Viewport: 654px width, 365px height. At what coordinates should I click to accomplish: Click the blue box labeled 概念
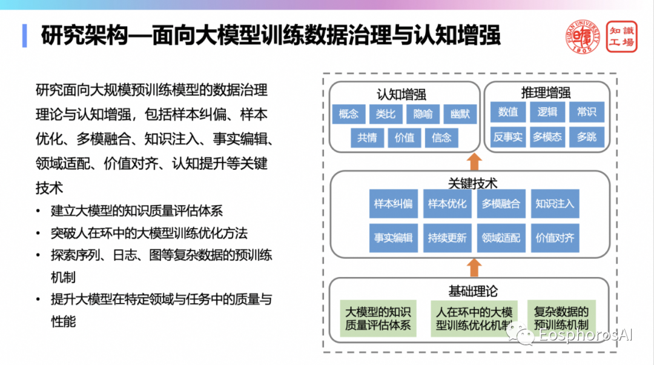(349, 114)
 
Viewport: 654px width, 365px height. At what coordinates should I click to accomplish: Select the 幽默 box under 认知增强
(460, 114)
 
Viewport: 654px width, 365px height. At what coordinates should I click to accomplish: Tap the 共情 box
(367, 138)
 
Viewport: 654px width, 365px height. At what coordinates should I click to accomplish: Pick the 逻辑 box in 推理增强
(547, 112)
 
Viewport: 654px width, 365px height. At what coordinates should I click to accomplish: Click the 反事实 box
(507, 137)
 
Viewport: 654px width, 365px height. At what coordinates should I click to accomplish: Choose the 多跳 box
(586, 137)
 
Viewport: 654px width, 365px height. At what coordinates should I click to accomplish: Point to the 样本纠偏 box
(393, 204)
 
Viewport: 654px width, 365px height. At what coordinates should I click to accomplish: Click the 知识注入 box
(554, 204)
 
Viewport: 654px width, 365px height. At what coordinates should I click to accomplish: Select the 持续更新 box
(447, 238)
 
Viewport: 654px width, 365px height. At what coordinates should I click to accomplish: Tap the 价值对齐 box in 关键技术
(554, 238)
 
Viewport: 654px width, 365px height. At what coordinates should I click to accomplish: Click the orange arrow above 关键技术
(475, 161)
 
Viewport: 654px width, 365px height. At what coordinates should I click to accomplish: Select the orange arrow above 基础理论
(475, 267)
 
